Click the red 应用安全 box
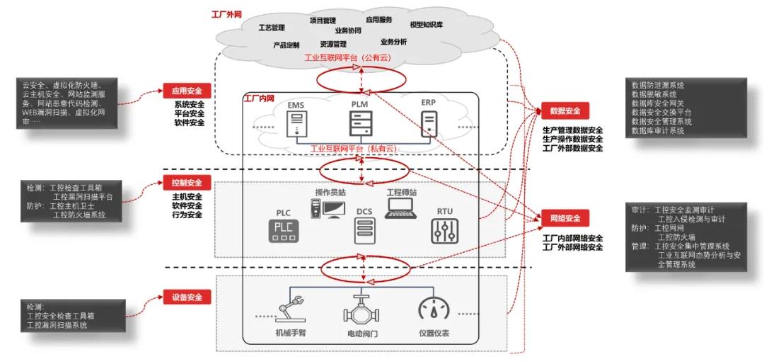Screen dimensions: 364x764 187,90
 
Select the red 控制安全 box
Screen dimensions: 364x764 187,182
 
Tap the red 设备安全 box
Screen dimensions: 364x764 187,297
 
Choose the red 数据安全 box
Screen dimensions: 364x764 565,110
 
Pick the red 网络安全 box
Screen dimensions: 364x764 565,217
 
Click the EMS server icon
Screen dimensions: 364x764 295,125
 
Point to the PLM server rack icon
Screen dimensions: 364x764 360,123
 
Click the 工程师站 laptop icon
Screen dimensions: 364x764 401,207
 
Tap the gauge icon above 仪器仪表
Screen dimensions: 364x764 434,309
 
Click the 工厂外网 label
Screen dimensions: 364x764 226,13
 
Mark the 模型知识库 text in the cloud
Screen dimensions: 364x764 426,24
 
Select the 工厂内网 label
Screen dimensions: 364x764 258,98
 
